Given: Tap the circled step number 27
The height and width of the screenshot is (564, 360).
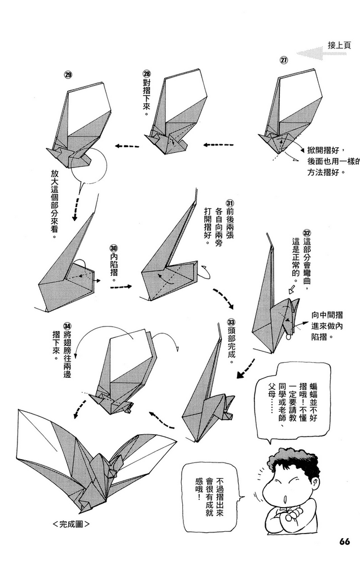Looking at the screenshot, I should click(284, 60).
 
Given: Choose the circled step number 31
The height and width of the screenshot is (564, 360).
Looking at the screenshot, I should click(230, 203).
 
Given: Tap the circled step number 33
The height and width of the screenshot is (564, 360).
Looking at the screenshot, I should click(231, 323).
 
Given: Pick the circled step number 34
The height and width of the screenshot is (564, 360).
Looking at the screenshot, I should click(67, 326).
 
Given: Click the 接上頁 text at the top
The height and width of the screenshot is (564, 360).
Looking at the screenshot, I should click(339, 45).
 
